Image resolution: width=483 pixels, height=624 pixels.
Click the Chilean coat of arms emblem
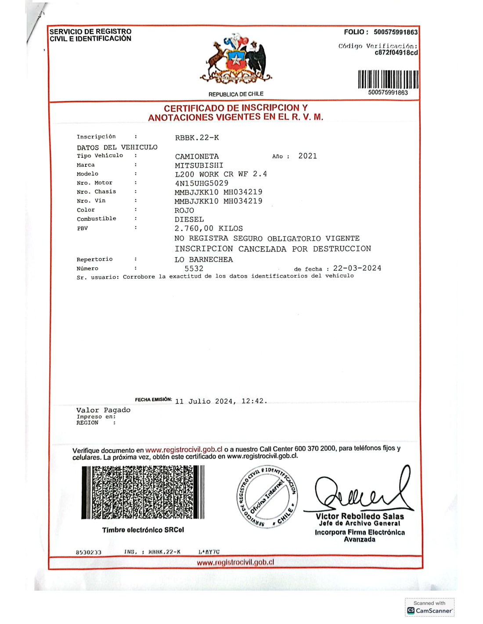coord(236,59)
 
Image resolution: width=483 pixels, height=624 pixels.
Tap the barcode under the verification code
coord(388,79)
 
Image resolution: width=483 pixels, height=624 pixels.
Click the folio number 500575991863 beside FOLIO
coord(396,32)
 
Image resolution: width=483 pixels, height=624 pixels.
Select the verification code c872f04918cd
coord(396,53)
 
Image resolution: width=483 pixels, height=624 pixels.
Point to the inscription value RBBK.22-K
coord(197,138)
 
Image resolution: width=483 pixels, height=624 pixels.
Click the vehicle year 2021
coord(307,156)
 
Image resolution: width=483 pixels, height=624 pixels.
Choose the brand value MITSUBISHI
coord(199,165)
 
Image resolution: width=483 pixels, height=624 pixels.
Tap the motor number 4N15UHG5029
coord(202,183)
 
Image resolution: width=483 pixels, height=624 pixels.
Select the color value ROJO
coord(184,211)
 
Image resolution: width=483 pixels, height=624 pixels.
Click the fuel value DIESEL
coord(189,219)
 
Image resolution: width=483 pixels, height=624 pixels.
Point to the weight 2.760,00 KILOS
coord(209,229)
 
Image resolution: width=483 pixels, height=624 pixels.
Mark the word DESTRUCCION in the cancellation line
coord(342,249)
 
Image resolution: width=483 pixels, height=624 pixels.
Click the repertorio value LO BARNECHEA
coord(204,260)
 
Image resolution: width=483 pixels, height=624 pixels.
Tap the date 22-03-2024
coord(357,268)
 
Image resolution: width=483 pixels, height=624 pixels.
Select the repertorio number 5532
coord(194,269)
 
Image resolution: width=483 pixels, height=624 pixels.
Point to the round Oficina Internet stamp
coord(267,496)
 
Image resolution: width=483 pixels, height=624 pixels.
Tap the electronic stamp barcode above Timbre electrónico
coord(143,492)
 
